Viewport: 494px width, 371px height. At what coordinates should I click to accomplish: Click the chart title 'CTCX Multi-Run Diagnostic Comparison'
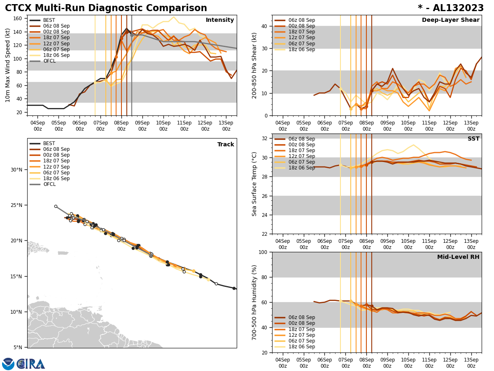(106, 8)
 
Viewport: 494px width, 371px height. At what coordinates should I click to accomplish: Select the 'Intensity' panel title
(220, 20)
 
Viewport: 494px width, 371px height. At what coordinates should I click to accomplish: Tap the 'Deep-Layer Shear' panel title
(450, 20)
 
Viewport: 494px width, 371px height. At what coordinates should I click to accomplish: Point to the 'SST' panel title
(473, 139)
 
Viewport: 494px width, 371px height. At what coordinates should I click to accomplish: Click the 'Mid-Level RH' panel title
(458, 257)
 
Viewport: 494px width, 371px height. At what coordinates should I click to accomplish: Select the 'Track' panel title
(226, 145)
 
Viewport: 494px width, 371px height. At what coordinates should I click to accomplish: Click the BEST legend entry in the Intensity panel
(49, 20)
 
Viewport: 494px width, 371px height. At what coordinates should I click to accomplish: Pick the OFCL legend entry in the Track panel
(49, 184)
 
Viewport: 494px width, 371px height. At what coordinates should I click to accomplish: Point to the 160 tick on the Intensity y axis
(18, 19)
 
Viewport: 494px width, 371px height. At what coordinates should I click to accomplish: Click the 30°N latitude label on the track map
(16, 169)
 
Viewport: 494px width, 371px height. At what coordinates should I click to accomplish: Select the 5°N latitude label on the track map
(18, 348)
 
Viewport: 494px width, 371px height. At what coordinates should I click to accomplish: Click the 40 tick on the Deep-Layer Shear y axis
(264, 26)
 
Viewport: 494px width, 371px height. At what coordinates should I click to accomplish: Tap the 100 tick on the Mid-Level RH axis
(262, 252)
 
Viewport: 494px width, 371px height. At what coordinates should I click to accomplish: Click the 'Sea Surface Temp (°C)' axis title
(255, 184)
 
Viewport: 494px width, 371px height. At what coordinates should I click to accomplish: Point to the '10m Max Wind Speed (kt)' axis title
(7, 65)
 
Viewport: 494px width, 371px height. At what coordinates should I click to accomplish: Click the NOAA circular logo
(8, 364)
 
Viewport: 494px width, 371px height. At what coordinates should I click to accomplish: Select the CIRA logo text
(31, 364)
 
